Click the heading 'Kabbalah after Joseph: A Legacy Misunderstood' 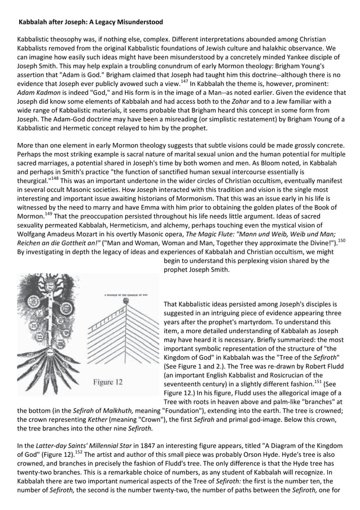click(91, 22)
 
